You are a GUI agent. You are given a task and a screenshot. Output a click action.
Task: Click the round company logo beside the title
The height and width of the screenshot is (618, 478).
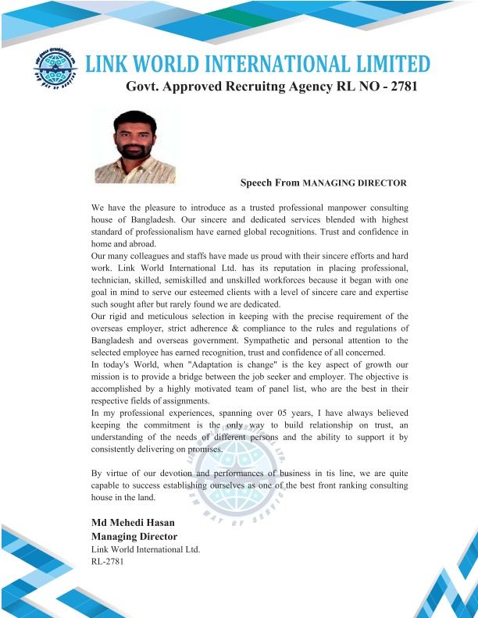coord(55,63)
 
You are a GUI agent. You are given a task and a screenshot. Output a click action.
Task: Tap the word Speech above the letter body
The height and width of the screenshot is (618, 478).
coord(255,183)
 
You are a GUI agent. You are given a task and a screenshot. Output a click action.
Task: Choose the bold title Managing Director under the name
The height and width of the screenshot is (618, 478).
coord(134,536)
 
